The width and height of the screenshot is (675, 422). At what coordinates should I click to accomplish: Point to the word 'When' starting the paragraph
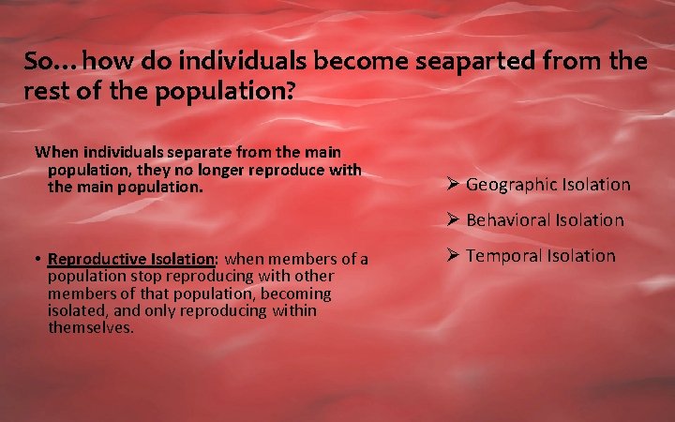(x=55, y=151)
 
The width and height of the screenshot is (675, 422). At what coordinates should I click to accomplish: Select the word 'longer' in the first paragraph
(x=208, y=169)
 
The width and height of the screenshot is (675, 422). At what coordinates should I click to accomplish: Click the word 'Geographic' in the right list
(x=511, y=185)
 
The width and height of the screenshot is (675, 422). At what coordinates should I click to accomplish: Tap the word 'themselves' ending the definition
(x=90, y=328)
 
